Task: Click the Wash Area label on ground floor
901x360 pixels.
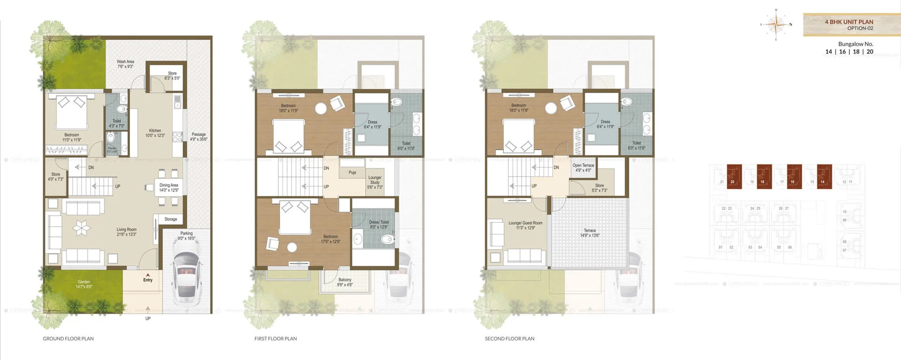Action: pos(125,64)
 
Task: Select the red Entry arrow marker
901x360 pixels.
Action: pos(148,275)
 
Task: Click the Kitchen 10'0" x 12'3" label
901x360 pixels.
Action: pos(155,133)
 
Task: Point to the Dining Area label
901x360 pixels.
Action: pos(168,187)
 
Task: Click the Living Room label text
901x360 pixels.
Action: pos(126,231)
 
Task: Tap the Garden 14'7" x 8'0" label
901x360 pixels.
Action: pos(84,284)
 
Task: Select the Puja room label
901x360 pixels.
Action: pos(352,172)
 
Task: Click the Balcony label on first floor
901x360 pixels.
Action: pos(345,282)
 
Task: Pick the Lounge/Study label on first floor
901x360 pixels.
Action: pos(374,182)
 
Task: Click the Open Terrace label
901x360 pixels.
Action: pos(583,168)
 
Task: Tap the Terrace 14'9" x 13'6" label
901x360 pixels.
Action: pos(589,233)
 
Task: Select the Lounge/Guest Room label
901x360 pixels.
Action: pos(525,225)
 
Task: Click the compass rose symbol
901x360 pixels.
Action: pos(776,24)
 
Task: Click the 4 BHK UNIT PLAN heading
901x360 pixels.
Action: pos(849,22)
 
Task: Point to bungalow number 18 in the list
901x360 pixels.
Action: pos(856,52)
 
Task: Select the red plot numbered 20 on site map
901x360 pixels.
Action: pos(734,176)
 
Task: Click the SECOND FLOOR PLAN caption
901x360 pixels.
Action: pos(509,338)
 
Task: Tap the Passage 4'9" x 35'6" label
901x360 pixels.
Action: pos(199,137)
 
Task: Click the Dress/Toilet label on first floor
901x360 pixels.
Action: pos(379,224)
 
